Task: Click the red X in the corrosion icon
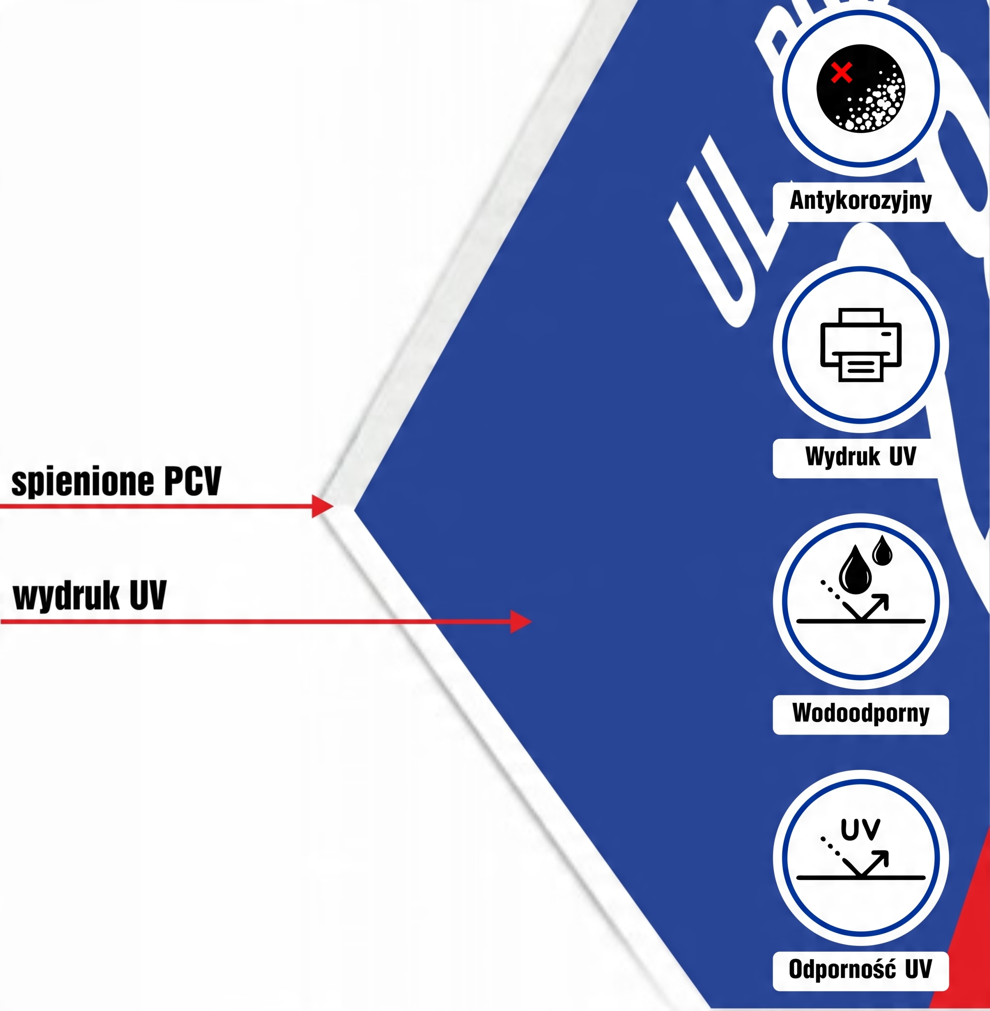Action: [841, 72]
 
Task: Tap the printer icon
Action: [860, 345]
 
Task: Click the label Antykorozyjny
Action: [860, 200]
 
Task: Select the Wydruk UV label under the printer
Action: [860, 457]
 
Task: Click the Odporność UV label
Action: [860, 970]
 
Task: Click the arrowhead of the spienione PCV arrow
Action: [322, 506]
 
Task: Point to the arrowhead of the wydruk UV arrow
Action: [520, 622]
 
